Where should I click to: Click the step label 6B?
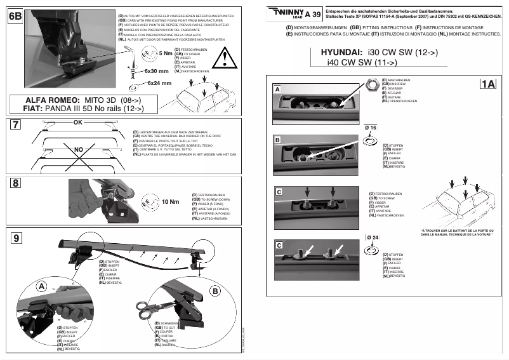tap(15, 18)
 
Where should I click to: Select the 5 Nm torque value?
tap(167, 53)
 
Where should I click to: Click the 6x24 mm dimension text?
tap(159, 83)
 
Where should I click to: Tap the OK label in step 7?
tap(79, 121)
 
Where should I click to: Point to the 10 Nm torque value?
tap(169, 201)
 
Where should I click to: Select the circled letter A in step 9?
tap(42, 286)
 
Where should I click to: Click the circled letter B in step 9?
tap(214, 291)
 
